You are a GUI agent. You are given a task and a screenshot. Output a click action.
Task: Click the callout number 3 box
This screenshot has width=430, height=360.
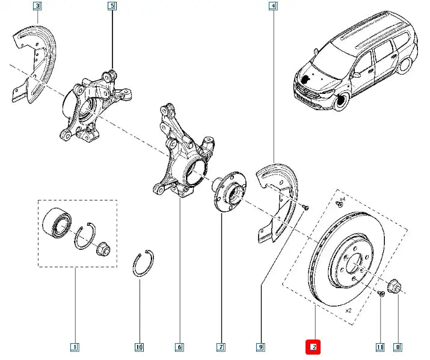tap(38, 7)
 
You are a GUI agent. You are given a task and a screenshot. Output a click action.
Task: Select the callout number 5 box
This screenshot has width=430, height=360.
tap(111, 7)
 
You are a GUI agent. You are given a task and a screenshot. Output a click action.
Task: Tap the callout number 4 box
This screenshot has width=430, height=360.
tap(274, 7)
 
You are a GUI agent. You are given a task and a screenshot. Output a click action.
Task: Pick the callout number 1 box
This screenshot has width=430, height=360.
tap(74, 347)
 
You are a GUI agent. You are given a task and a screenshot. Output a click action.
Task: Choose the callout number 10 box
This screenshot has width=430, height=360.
tap(139, 347)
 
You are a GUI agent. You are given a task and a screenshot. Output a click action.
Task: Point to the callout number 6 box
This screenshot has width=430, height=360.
tap(179, 347)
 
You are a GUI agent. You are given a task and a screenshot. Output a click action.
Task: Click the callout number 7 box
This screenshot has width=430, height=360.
tap(221, 347)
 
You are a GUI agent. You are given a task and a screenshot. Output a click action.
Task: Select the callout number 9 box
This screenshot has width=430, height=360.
tap(260, 347)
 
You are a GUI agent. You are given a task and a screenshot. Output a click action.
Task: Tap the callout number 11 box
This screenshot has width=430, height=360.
tap(379, 347)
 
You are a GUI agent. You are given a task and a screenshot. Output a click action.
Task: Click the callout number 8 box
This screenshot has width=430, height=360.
tap(398, 347)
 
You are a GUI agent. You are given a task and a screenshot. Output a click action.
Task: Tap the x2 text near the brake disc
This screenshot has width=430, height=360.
tap(348, 311)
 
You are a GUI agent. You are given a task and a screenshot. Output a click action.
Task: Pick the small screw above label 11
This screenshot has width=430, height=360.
tap(381, 294)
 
